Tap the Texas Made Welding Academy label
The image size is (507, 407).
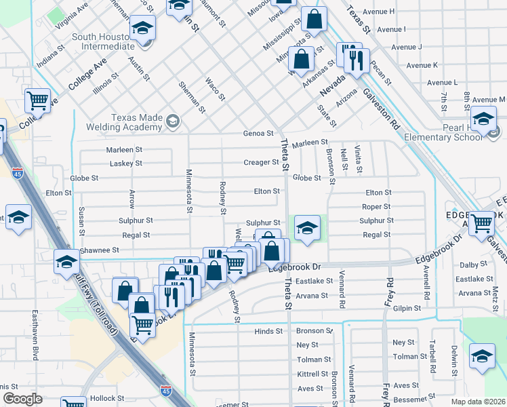125,121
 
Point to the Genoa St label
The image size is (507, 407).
258,134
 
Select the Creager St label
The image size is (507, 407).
261,163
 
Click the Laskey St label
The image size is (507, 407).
125,163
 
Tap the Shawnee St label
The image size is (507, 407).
100,250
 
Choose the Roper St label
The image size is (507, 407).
376,207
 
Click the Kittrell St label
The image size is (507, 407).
312,374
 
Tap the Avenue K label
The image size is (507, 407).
421,65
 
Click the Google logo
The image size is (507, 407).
22,399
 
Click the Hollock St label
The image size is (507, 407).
107,398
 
